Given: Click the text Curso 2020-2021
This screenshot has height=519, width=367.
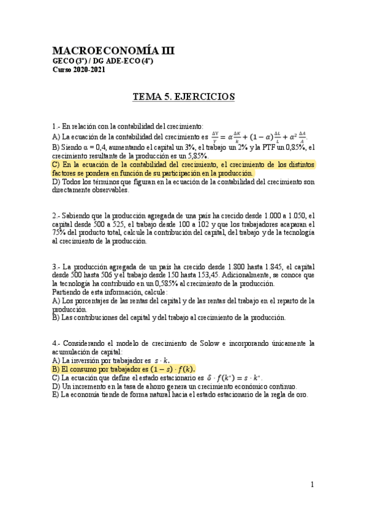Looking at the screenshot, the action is pos(79,70).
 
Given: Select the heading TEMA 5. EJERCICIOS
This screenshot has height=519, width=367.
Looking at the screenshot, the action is pos(184,97).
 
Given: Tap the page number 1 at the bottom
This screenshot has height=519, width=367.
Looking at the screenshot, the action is pos(312,485).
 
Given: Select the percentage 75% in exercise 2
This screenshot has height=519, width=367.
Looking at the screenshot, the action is pos(59,233).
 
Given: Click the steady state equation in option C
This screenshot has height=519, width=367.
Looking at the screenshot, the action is pos(238,378).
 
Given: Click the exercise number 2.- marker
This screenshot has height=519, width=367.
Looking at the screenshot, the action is pos(56,215).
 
